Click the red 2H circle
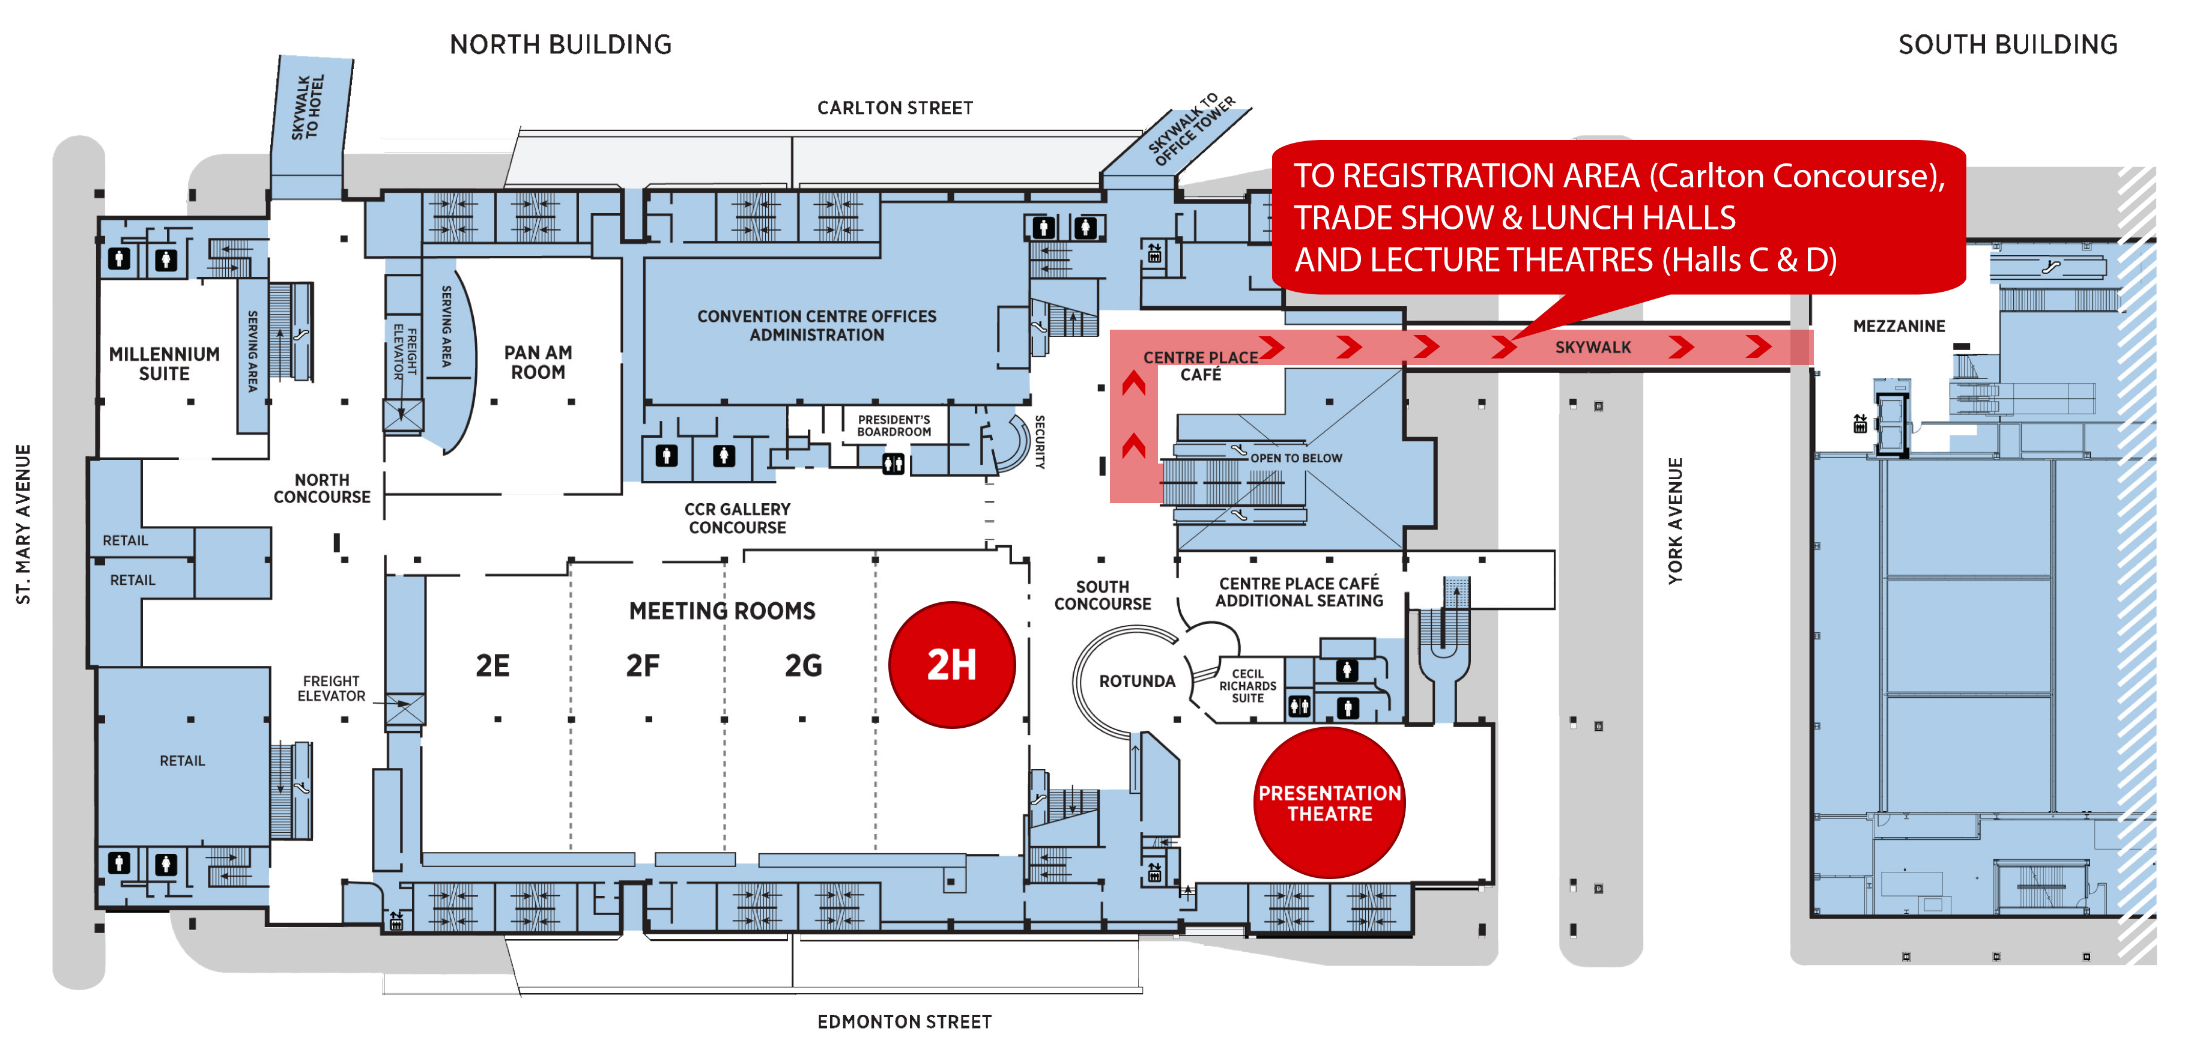[952, 665]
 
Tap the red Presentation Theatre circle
[1329, 803]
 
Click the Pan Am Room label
[538, 362]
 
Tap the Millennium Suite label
[164, 364]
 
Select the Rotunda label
[1137, 681]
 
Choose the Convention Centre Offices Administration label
[817, 325]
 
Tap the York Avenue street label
[1674, 521]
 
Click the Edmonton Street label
[904, 1022]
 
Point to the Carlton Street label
[895, 108]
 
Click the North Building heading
[560, 44]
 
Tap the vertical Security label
[1040, 442]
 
